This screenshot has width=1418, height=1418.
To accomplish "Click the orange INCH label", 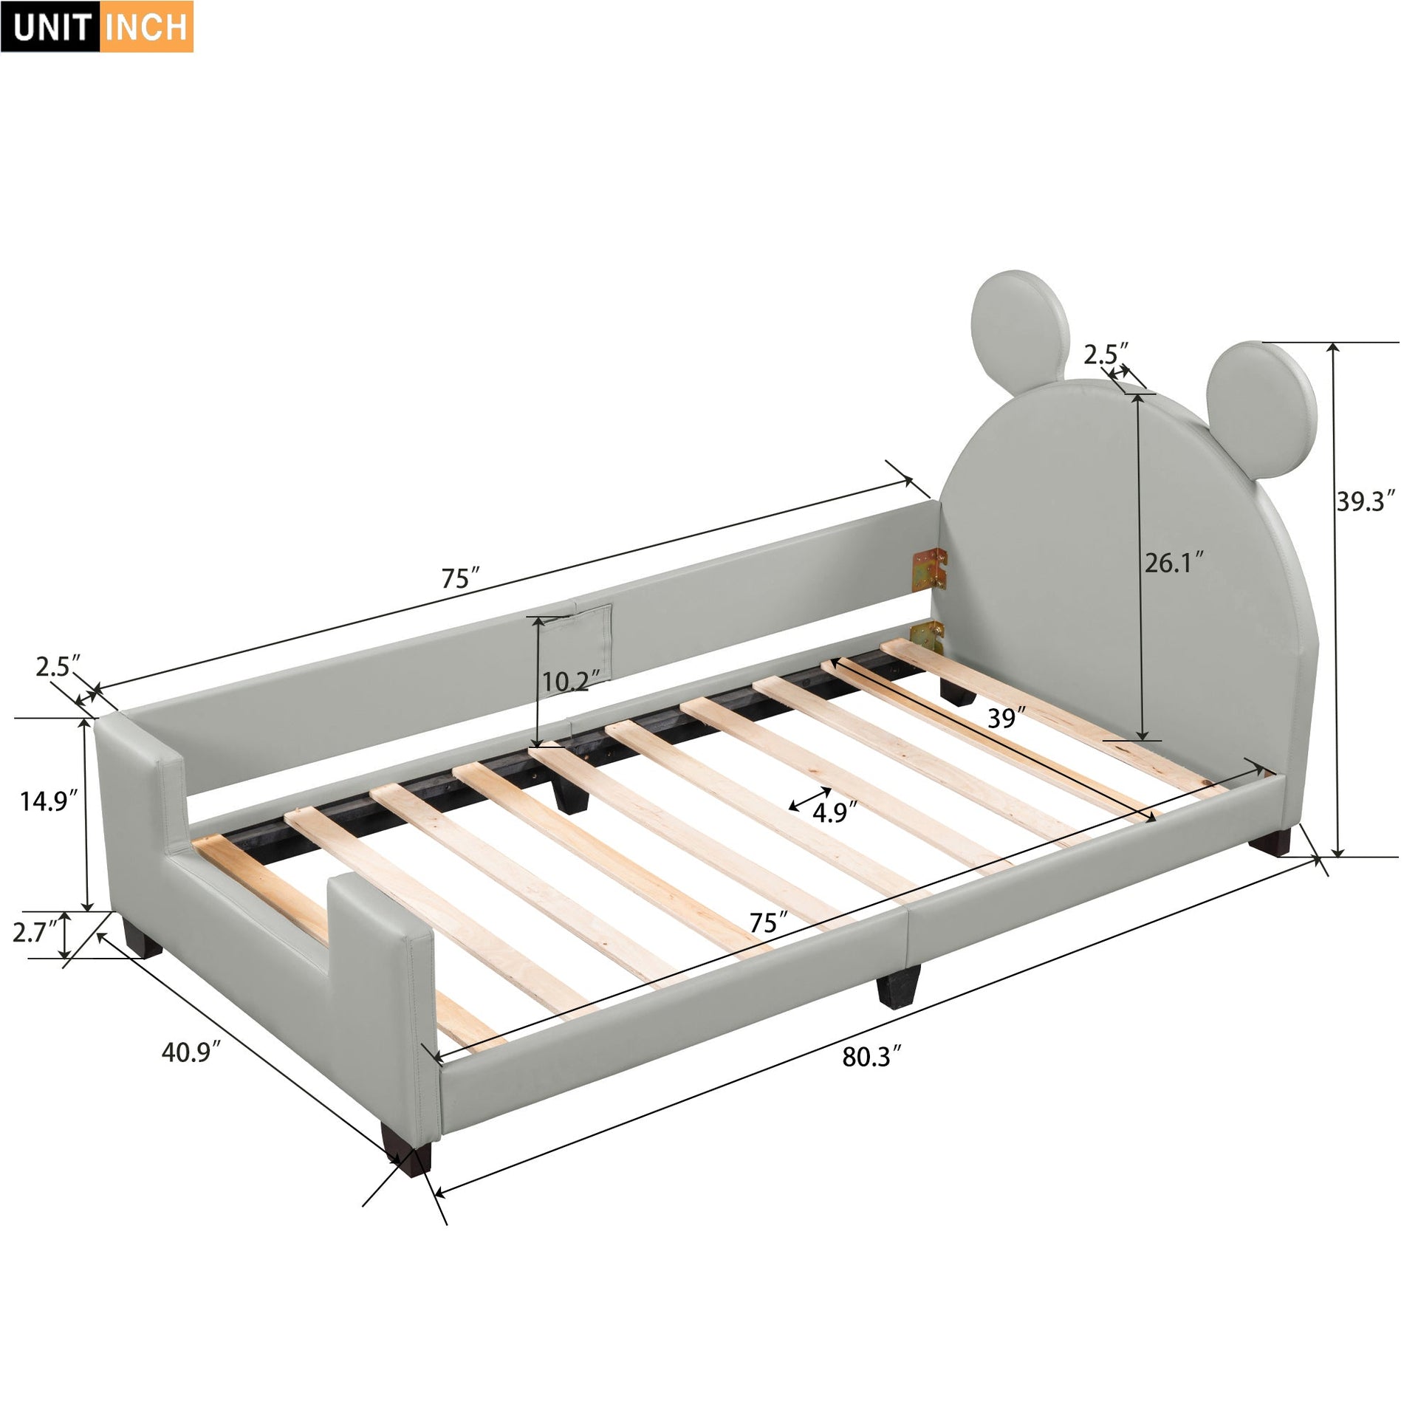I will coord(146,27).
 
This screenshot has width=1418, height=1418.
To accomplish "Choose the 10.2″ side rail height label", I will coord(566,682).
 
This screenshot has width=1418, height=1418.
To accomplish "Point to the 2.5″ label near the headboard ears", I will coord(1106,354).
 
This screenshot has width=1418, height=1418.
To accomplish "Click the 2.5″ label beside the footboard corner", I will coord(55,667).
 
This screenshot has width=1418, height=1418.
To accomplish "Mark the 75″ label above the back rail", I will coord(461,578).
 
